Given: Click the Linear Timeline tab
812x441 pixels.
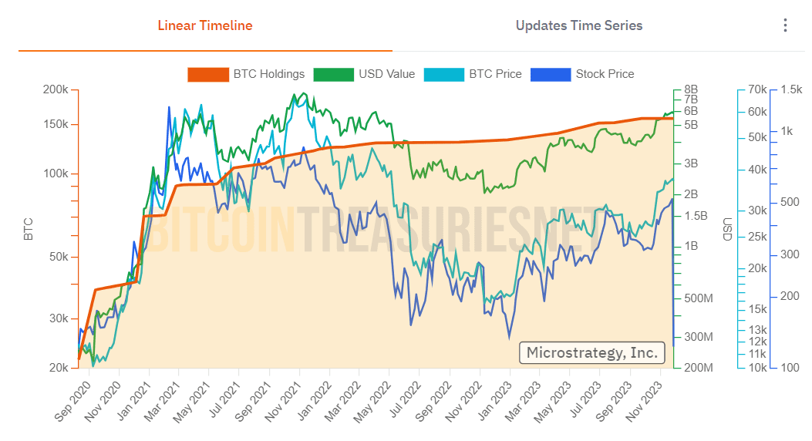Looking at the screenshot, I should tap(205, 25).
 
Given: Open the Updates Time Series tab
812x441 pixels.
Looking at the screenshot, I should tap(579, 25).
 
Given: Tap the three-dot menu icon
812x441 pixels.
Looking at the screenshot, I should tap(785, 25).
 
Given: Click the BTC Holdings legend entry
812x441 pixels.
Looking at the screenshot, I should tap(247, 74).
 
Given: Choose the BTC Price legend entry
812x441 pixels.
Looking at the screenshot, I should tap(473, 74).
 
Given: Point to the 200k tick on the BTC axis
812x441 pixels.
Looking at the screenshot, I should tap(55, 89).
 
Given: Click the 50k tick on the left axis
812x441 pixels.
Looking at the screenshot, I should tap(58, 257).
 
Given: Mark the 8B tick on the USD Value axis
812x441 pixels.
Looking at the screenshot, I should tap(690, 89).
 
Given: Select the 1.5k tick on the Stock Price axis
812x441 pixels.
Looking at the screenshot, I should tap(791, 89).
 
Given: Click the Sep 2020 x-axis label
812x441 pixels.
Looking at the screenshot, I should tap(72, 402).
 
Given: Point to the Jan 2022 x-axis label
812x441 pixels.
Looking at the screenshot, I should tap(312, 402).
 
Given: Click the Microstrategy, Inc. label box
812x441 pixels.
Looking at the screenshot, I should tap(591, 352).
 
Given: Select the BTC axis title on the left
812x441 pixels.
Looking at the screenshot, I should tap(29, 229).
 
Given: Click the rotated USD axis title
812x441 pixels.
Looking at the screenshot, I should tap(727, 229).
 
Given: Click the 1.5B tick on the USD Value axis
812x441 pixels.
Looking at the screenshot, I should tap(696, 215).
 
